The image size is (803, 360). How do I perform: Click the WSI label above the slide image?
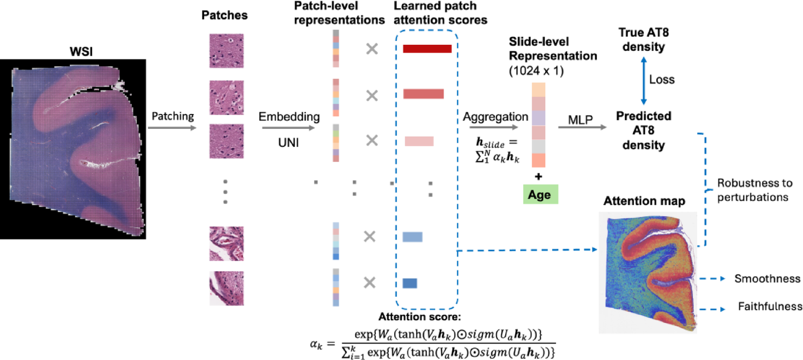[77, 52]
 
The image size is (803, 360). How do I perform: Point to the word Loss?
[662, 80]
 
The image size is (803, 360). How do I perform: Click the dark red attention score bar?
[427, 49]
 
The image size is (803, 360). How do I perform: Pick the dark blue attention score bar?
[409, 283]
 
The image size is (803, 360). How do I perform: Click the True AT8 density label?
[643, 40]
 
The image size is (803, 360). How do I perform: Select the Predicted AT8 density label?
[643, 131]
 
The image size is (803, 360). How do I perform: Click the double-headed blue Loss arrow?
[644, 80]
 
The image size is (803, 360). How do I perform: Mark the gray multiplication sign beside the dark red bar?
[372, 49]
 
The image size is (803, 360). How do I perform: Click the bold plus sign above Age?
[539, 176]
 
